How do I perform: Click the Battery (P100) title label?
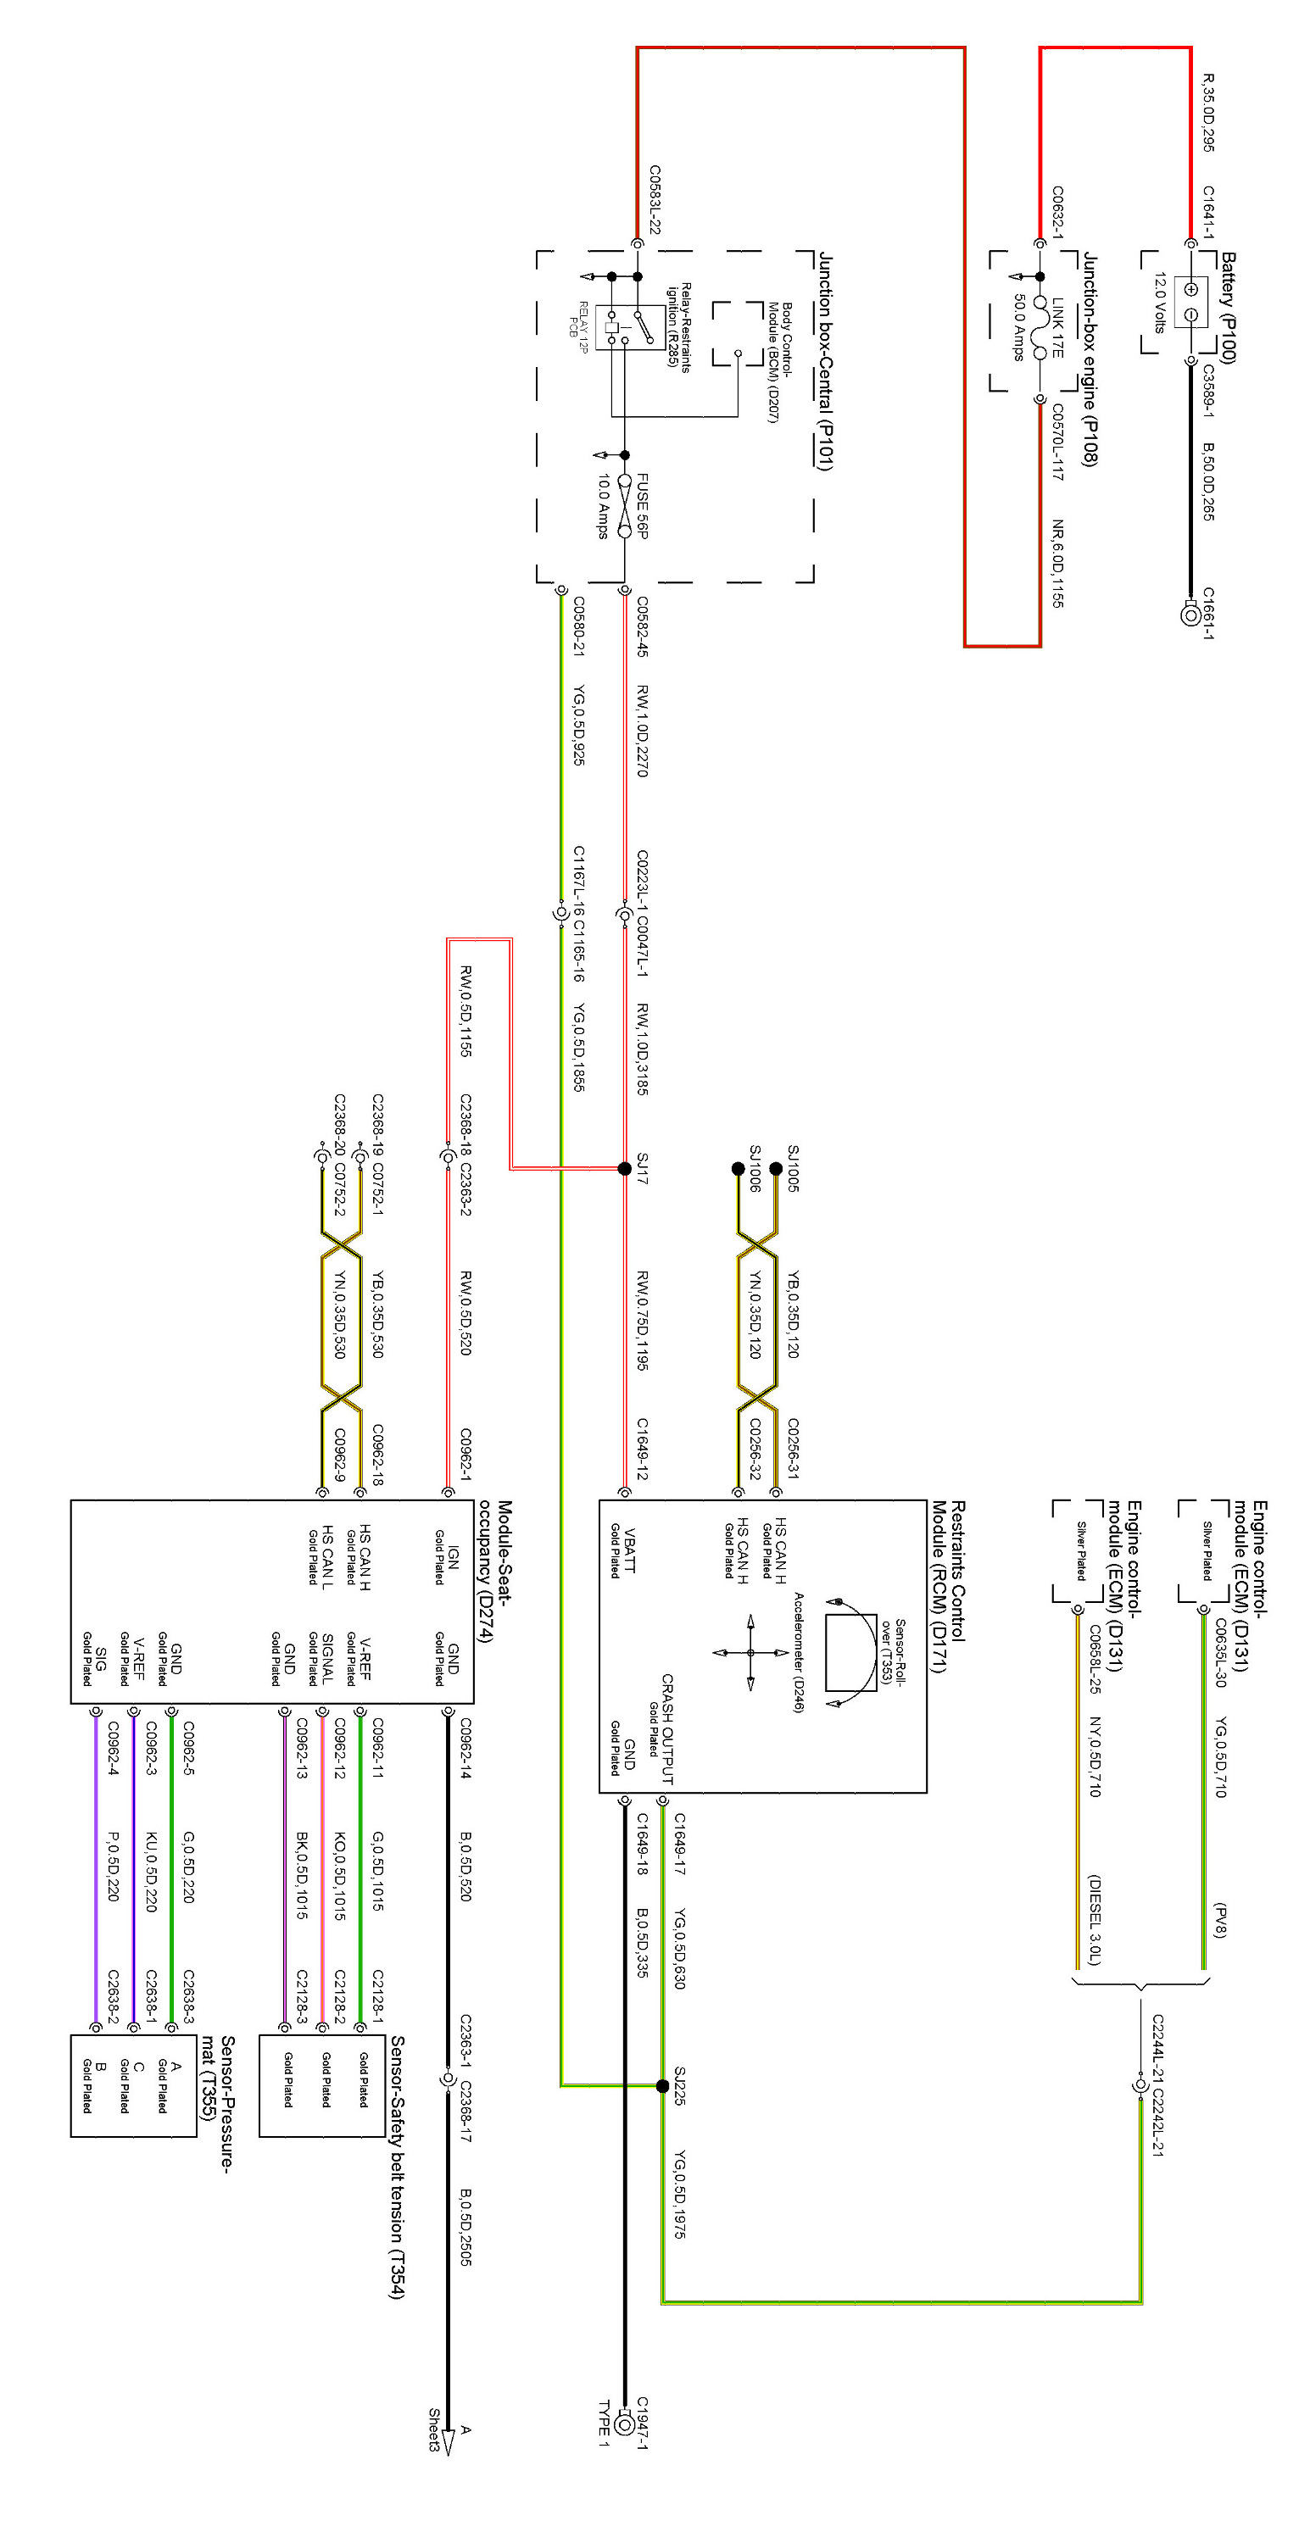[1227, 307]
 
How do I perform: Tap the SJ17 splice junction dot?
[624, 1168]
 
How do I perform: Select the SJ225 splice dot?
[662, 2085]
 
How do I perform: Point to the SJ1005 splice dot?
[776, 1168]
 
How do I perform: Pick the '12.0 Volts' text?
[1160, 302]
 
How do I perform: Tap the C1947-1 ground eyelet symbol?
[624, 2423]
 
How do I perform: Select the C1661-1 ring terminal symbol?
[1190, 613]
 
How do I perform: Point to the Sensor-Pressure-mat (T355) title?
[217, 2103]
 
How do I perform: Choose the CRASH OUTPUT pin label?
[667, 1728]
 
